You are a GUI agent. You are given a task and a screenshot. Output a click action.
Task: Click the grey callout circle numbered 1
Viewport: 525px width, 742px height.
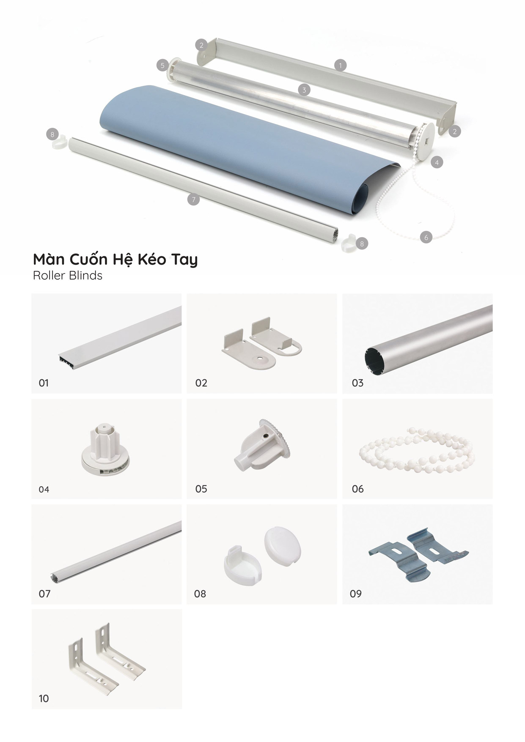point(340,65)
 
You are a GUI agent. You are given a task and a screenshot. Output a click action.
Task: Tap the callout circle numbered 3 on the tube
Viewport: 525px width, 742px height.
point(304,90)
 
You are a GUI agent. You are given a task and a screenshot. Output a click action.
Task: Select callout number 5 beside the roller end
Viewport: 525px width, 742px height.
point(162,66)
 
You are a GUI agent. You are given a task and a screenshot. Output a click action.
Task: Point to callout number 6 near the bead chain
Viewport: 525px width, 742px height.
point(426,237)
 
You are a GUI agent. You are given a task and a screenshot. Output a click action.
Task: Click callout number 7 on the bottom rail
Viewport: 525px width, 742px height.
point(193,200)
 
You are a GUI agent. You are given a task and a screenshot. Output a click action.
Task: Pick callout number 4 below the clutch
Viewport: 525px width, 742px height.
point(437,162)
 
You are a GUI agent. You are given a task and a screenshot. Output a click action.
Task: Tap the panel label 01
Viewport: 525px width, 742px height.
point(44,383)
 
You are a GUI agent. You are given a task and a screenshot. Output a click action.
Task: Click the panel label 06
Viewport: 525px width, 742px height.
point(358,489)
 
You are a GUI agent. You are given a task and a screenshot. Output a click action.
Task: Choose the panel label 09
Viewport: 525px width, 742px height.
point(356,594)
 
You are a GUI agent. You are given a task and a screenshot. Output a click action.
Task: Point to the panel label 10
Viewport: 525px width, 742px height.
point(44,698)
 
